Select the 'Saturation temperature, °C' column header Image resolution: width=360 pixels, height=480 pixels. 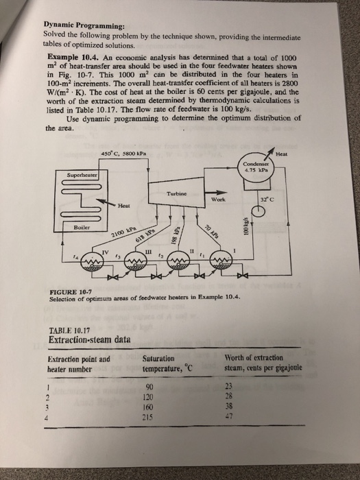click(x=168, y=363)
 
